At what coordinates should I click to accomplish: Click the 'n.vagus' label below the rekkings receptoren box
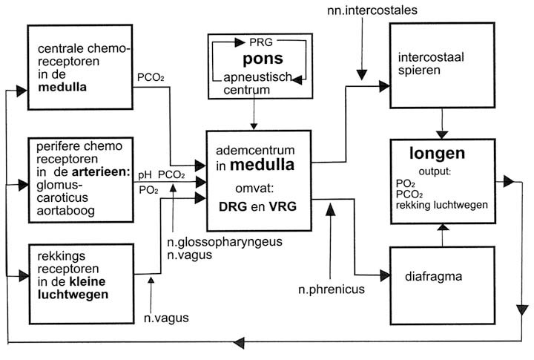(x=165, y=318)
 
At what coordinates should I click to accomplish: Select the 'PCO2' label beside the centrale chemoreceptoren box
(x=151, y=77)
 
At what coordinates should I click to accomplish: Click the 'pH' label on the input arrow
(x=145, y=174)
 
